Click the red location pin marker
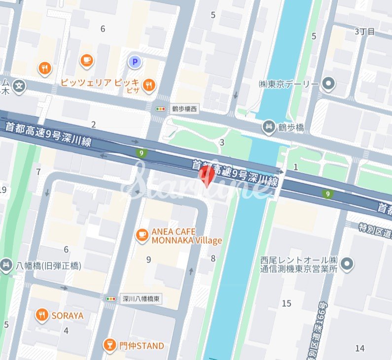[x=207, y=175]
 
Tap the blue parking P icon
[x=134, y=62]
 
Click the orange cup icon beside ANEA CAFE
[x=142, y=235]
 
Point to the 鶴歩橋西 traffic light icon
[x=160, y=109]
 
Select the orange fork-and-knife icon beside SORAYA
[x=42, y=315]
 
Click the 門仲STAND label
[x=141, y=346]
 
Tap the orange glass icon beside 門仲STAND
[x=109, y=346]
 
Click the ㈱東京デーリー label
[x=288, y=84]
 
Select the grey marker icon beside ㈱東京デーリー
[x=328, y=85]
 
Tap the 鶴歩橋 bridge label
[x=290, y=128]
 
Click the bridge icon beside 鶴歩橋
[x=269, y=128]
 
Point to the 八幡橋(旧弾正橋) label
[x=48, y=265]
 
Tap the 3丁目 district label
[x=365, y=32]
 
